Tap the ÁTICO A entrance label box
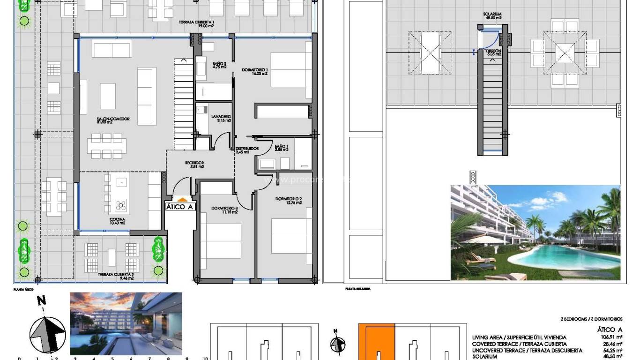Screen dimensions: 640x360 coord(179,207)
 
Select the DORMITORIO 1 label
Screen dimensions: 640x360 coord(254,71)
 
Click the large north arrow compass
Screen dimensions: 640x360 coord(47,334)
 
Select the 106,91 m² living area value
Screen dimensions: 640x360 coord(612,337)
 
